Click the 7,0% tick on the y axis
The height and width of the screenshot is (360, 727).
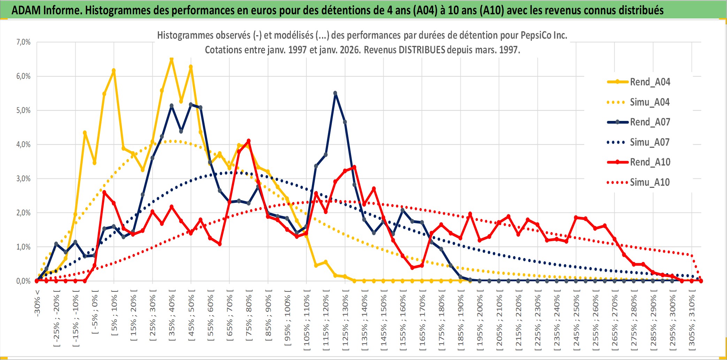pyautogui.click(x=23, y=42)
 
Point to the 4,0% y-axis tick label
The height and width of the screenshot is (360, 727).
pyautogui.click(x=23, y=144)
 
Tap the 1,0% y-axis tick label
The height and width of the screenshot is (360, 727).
pyautogui.click(x=23, y=247)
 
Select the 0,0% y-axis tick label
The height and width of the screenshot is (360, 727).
pyautogui.click(x=23, y=281)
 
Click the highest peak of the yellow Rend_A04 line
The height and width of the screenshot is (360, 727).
pyautogui.click(x=171, y=59)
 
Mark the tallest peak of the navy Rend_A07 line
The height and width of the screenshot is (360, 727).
pyautogui.click(x=335, y=93)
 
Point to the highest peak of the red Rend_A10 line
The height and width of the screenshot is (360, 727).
pyautogui.click(x=248, y=141)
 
